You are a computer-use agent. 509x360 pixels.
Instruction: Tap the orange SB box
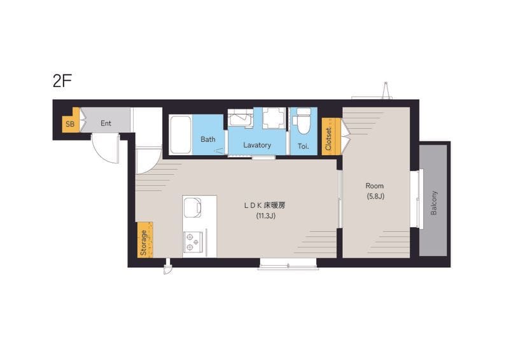[70, 124]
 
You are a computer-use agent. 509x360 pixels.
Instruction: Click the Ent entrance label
[106, 123]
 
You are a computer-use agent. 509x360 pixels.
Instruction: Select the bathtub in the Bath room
[181, 134]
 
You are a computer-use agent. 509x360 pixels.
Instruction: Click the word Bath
[208, 139]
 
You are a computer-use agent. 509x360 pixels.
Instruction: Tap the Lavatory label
[257, 145]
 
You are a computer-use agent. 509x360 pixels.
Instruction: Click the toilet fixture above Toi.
[303, 122]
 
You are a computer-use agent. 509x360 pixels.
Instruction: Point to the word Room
[375, 186]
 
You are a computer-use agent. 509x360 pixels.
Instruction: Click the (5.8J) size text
[375, 196]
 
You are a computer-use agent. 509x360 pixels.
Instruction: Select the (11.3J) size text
[265, 216]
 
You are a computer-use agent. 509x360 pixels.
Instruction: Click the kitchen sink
[193, 207]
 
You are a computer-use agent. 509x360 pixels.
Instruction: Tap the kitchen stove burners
[193, 240]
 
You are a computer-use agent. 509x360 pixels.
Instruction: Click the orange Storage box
[145, 240]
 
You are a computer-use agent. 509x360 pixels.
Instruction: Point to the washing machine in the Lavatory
[274, 118]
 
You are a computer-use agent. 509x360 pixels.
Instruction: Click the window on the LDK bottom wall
[288, 263]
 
